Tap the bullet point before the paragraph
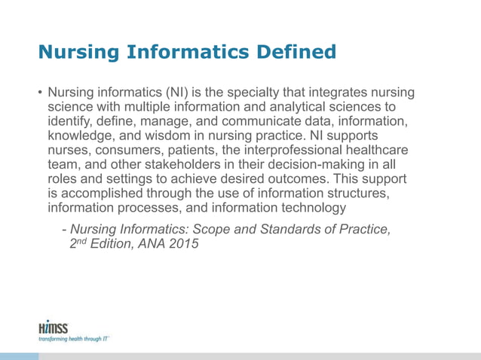point(41,93)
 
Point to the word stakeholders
point(182,166)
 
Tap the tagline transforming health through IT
point(74,339)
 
